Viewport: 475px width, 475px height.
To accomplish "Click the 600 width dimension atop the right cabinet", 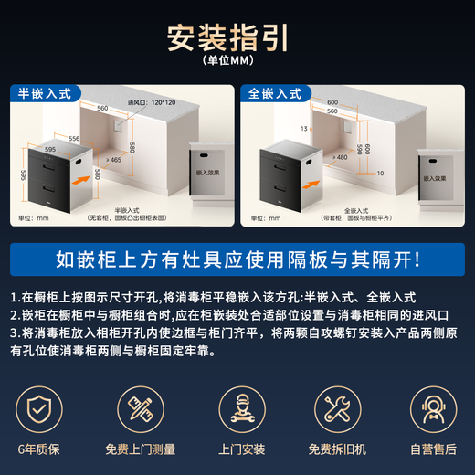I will tap(332, 101).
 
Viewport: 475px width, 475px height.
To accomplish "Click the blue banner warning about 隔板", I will tap(237, 259).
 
